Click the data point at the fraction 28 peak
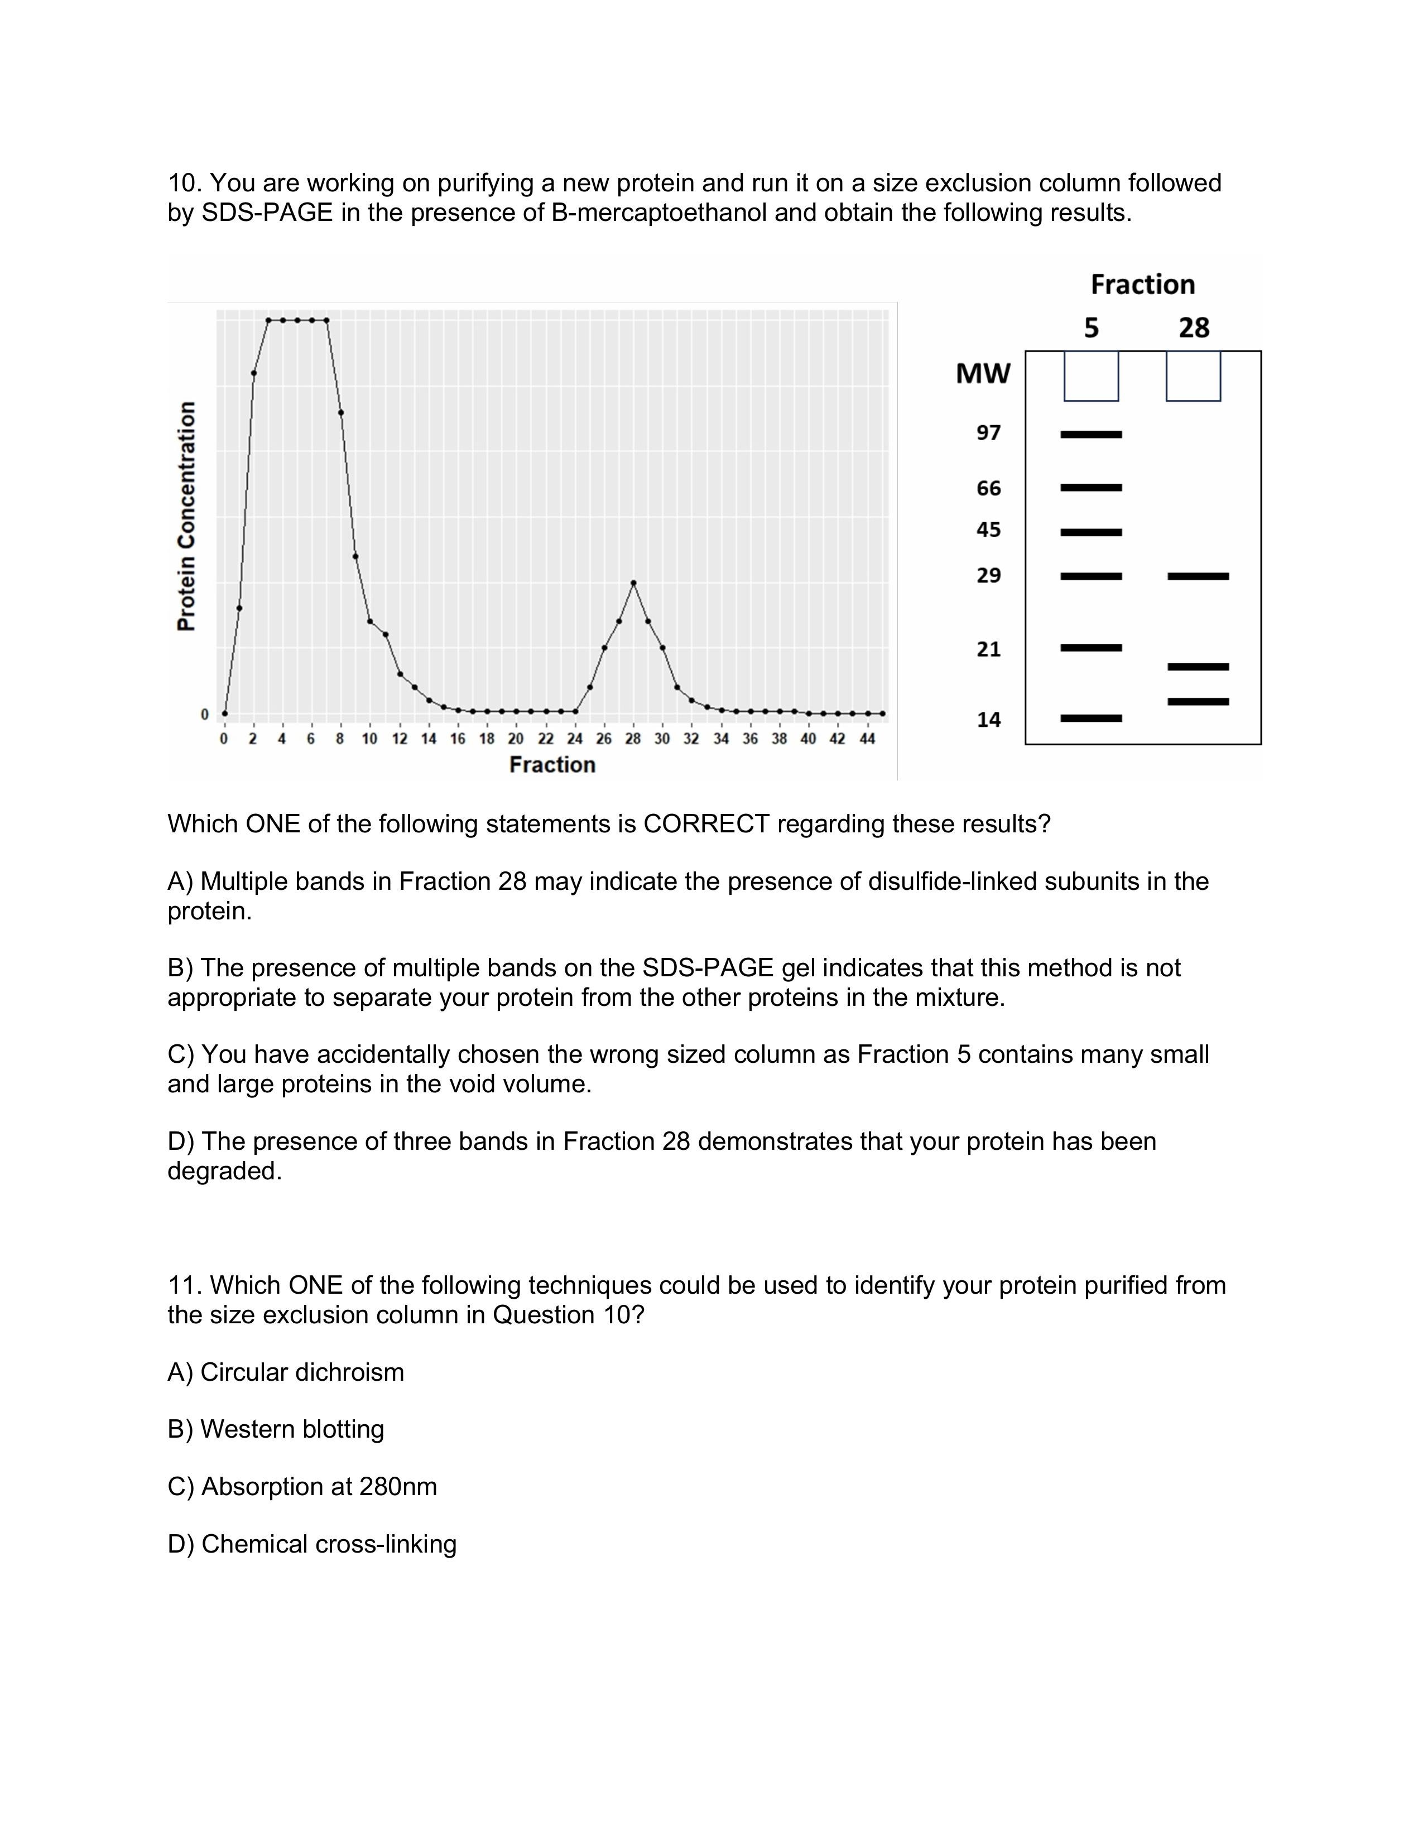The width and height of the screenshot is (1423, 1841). tap(633, 582)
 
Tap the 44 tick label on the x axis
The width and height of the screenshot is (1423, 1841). tap(867, 739)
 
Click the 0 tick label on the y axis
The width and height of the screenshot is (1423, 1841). tap(204, 715)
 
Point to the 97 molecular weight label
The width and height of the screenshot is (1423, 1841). tap(988, 433)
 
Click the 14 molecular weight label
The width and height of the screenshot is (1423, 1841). tap(988, 720)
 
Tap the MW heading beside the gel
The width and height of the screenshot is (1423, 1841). tap(982, 373)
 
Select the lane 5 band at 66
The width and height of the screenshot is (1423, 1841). tap(1091, 487)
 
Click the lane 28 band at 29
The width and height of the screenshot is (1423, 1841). tap(1198, 577)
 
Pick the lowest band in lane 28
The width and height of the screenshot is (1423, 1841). tap(1198, 701)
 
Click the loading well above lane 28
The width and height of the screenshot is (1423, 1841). tap(1193, 376)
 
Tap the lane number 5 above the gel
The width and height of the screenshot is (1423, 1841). tap(1091, 328)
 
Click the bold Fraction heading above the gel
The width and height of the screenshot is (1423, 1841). tap(1142, 285)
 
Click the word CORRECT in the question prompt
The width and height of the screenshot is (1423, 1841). tap(706, 823)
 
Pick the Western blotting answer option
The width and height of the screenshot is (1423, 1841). tap(292, 1429)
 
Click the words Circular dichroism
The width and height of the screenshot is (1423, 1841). tap(302, 1372)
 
